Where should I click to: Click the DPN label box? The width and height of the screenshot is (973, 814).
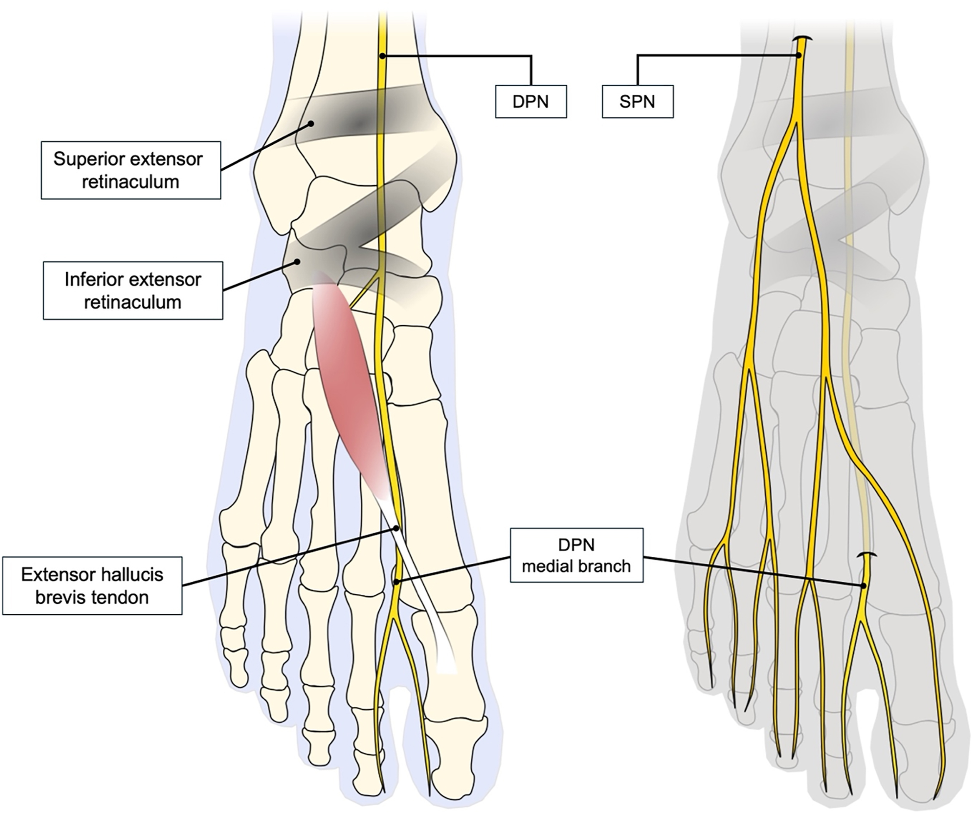[x=530, y=101]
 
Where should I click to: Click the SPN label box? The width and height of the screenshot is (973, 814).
[x=637, y=101]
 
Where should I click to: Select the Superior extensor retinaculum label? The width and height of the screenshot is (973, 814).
[x=131, y=170]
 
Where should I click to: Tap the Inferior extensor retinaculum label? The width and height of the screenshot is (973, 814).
[x=133, y=291]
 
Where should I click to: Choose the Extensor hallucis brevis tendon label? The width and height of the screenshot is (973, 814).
[x=92, y=585]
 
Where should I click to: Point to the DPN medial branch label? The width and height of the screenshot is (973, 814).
[x=576, y=555]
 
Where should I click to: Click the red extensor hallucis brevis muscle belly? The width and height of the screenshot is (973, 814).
[x=352, y=394]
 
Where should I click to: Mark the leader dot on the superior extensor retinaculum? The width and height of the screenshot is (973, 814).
[x=312, y=124]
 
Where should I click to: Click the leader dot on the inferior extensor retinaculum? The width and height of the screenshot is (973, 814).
[x=297, y=262]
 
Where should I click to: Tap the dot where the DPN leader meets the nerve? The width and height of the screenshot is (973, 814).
[x=382, y=56]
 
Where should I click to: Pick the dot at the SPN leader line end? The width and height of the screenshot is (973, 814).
[x=799, y=55]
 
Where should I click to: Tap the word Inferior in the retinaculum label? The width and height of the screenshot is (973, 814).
[x=95, y=279]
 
